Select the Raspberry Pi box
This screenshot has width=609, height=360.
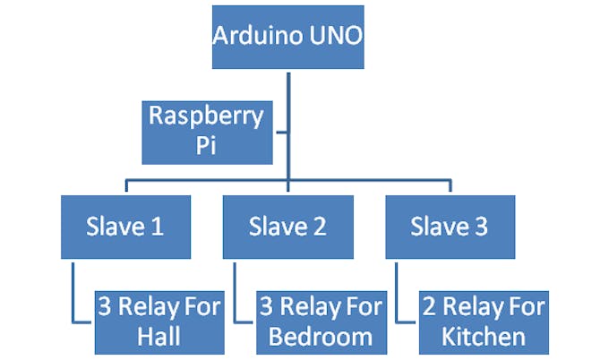207,132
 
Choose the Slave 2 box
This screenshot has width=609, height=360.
287,227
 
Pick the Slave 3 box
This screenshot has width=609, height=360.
450,227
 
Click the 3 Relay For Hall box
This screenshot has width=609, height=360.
159,321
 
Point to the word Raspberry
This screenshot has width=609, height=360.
207,116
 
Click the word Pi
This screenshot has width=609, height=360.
207,147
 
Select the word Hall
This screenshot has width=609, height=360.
159,337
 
